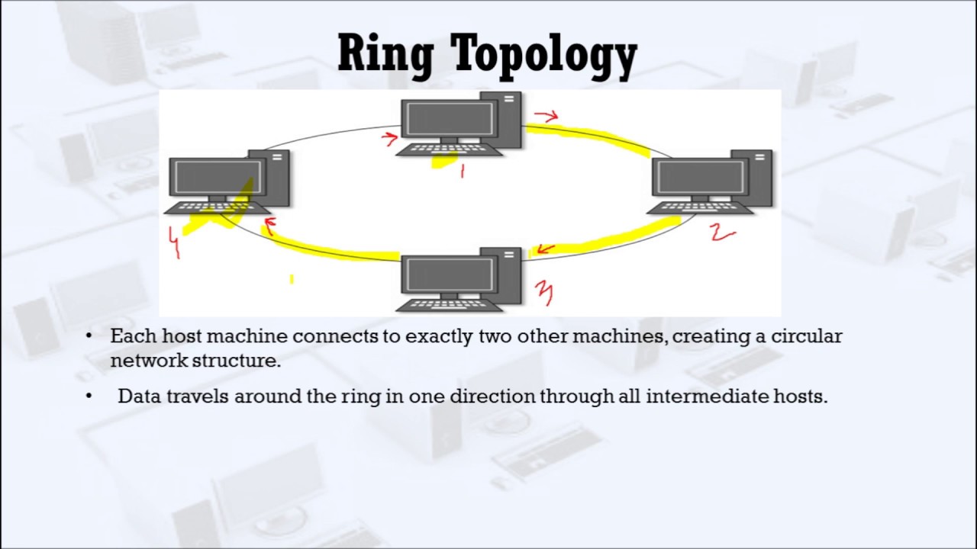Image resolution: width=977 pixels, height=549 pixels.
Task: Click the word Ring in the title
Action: pos(385,55)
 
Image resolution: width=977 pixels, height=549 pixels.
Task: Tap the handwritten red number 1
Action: pos(462,171)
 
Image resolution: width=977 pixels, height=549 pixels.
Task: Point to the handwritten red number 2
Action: pos(722,233)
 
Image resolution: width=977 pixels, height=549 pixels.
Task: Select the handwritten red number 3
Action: pos(543,292)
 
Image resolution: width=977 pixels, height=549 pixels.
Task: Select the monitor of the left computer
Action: pos(217,178)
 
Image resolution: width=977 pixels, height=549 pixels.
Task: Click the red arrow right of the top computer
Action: pos(547,116)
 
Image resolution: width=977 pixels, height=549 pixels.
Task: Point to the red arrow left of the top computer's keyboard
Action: pos(389,138)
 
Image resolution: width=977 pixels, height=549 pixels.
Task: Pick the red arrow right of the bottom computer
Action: pos(544,249)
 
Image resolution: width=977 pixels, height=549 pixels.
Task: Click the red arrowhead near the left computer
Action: pos(268,226)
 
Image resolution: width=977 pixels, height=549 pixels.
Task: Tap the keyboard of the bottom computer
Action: pos(450,305)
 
